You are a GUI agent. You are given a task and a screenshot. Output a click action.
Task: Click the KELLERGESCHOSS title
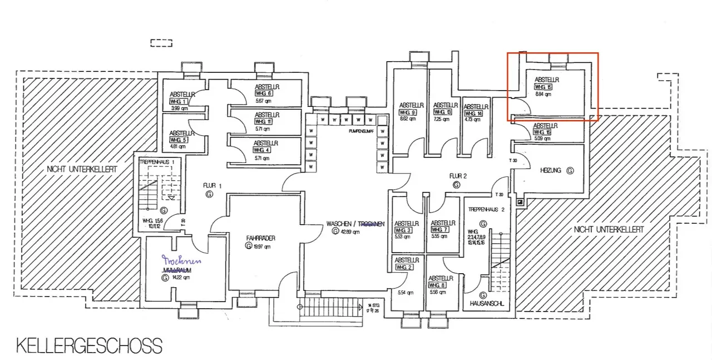pyautogui.click(x=89, y=346)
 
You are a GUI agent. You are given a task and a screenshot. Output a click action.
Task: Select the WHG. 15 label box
pyautogui.click(x=543, y=87)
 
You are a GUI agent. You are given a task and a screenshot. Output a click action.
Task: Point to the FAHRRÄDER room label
pyautogui.click(x=261, y=238)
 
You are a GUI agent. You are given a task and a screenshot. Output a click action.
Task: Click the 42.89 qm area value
pyautogui.click(x=350, y=231)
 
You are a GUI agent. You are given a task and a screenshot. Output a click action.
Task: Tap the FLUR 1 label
pyautogui.click(x=209, y=185)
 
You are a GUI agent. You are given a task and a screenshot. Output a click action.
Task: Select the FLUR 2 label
pyautogui.click(x=458, y=176)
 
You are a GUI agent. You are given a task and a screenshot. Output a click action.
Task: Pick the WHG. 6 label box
pyautogui.click(x=264, y=93)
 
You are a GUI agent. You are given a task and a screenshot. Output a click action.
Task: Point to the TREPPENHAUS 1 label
pyautogui.click(x=161, y=161)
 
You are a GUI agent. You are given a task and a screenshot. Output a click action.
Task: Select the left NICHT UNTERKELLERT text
pyautogui.click(x=82, y=168)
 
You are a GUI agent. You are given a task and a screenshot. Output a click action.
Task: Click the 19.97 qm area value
pyautogui.click(x=261, y=246)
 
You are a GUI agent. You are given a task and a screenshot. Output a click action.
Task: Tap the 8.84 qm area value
pyautogui.click(x=542, y=95)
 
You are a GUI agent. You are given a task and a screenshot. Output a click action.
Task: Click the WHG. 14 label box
pyautogui.click(x=473, y=114)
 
